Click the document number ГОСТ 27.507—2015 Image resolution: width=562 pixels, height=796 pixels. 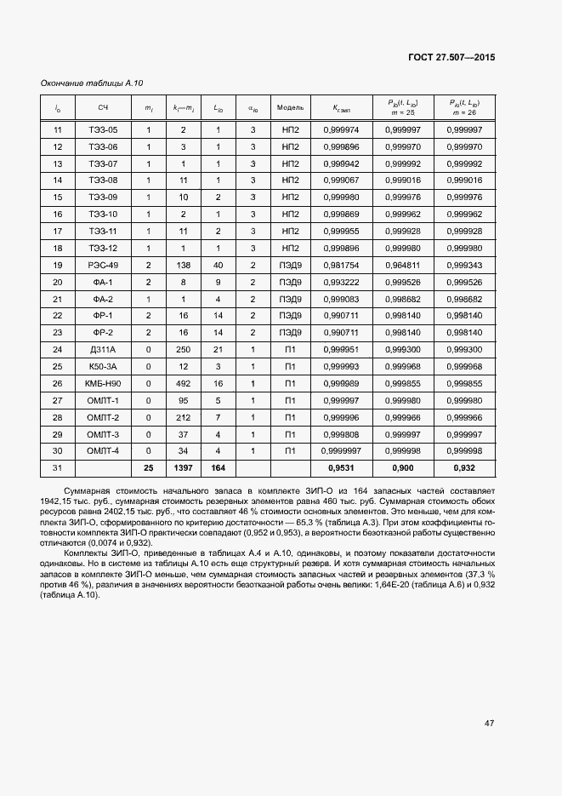451,57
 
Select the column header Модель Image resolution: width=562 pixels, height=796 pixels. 291,108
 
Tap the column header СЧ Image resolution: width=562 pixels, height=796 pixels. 103,108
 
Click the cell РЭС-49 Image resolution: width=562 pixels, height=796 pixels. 103,266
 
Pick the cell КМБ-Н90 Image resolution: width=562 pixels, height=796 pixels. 103,383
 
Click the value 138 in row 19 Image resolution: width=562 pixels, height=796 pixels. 183,266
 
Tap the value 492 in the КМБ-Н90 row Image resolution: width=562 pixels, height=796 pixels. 183,383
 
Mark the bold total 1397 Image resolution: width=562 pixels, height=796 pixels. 183,468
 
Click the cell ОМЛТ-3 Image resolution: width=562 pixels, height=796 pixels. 103,433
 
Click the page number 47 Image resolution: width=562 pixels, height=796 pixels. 489,723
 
